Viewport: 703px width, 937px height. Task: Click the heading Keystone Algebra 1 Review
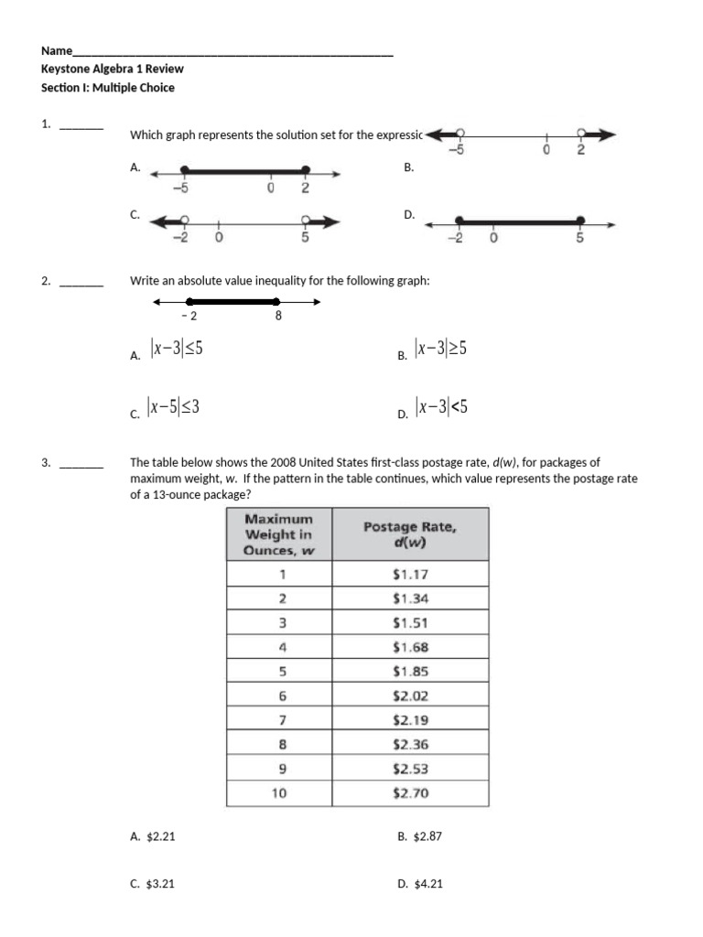pos(113,69)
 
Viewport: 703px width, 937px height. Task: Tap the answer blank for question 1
pos(81,127)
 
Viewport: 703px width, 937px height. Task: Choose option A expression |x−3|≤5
pos(177,350)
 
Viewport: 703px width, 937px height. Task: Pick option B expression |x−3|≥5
pos(441,349)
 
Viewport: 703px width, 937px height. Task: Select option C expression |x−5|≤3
pos(176,408)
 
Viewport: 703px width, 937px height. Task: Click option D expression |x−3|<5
pos(441,407)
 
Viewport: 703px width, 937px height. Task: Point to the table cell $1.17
pos(409,575)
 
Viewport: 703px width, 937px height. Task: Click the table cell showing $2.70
pos(409,793)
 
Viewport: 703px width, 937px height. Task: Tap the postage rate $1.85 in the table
pos(409,672)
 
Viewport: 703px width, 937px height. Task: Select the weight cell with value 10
pos(279,793)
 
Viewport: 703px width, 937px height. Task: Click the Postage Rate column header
pos(409,533)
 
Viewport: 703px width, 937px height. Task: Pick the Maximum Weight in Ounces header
pos(279,534)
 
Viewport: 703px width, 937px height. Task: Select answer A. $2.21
pos(153,836)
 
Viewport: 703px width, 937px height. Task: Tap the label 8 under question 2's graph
pos(278,317)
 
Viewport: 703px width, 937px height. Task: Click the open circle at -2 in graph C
pos(185,221)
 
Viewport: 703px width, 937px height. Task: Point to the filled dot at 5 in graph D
pos(580,221)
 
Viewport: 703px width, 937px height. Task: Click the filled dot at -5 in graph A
pos(185,170)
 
